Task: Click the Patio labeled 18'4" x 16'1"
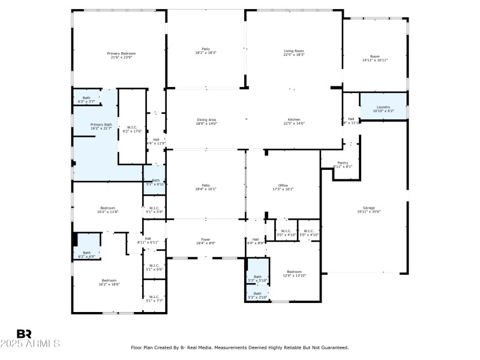click(206, 187)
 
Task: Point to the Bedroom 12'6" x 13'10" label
click(294, 273)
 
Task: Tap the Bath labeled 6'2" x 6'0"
click(87, 254)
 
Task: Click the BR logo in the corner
click(24, 334)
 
